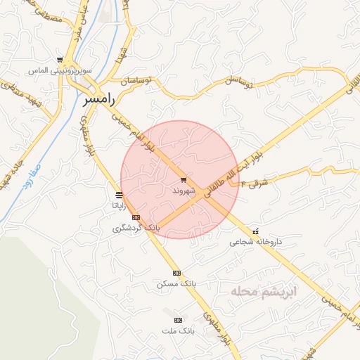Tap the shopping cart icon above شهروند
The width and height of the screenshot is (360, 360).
tap(184, 181)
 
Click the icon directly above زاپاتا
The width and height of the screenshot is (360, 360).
tap(119, 195)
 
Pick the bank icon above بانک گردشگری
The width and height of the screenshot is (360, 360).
tap(136, 217)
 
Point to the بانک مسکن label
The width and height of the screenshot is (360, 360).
tap(176, 284)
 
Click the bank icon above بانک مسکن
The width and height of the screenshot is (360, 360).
tap(176, 273)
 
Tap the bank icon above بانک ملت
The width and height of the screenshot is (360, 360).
tap(177, 319)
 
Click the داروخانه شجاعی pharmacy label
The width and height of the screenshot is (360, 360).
tap(255, 242)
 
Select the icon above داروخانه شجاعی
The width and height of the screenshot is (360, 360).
tap(255, 231)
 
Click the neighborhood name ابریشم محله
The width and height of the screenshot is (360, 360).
tap(267, 290)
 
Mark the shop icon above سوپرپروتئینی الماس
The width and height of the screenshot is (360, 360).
tap(60, 60)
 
